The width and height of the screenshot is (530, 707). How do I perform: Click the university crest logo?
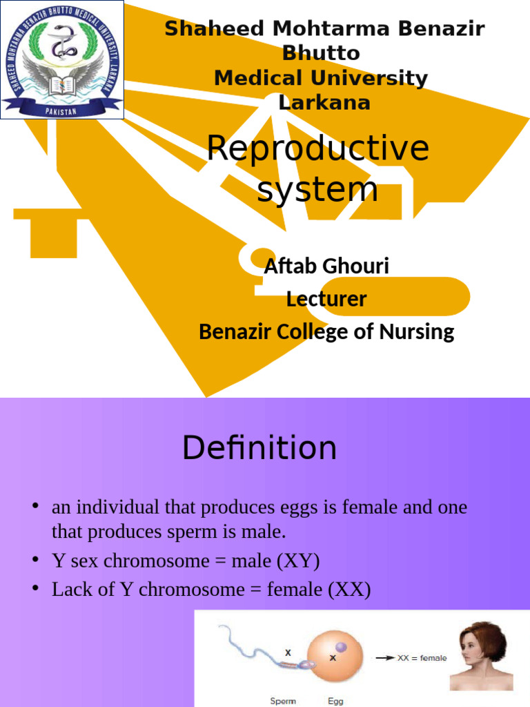pos(62,60)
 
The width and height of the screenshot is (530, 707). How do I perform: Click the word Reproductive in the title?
pos(317,148)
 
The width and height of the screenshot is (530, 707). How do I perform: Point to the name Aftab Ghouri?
pos(326,266)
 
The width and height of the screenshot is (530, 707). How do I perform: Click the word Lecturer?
pos(326,299)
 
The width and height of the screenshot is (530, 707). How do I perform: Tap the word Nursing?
pos(420,332)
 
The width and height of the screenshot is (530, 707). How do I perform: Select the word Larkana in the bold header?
pos(324,103)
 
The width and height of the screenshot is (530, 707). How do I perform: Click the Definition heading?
pos(259,448)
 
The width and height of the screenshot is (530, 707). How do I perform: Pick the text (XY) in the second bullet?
pos(298,561)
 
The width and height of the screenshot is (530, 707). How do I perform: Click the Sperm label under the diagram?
pos(283,701)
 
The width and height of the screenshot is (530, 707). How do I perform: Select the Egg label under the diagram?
pos(335,701)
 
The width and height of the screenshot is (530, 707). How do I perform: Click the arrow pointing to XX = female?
pos(384,658)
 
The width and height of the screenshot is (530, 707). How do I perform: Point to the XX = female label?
pos(422,658)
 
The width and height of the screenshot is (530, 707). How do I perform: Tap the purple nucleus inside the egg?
pos(342,647)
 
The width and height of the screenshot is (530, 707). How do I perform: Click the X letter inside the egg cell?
pos(333,658)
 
